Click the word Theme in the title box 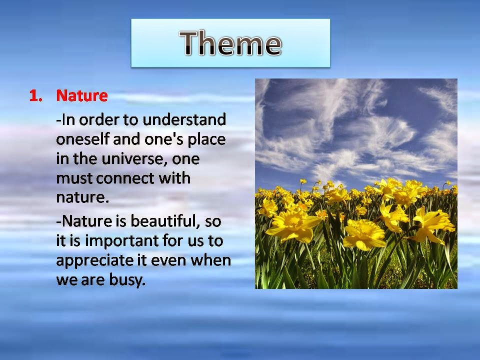(230, 43)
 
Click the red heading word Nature (82, 95)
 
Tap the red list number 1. (36, 95)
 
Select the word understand (184, 119)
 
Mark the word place (206, 140)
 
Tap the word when (210, 260)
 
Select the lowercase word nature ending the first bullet (82, 198)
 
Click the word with (174, 178)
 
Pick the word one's (163, 139)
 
